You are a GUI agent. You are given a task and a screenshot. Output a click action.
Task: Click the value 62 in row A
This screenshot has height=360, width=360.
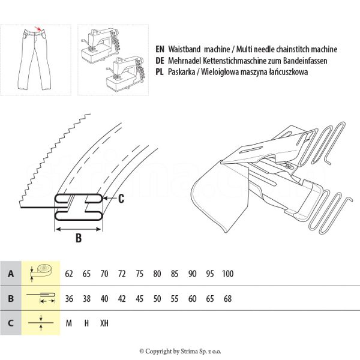pyautogui.click(x=69, y=274)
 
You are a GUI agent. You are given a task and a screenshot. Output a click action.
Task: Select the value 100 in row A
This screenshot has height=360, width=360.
pyautogui.click(x=227, y=274)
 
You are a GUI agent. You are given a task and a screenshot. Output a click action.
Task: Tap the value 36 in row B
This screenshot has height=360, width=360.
pyautogui.click(x=69, y=298)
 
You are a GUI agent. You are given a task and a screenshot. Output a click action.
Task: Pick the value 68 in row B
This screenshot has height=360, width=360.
pyautogui.click(x=227, y=298)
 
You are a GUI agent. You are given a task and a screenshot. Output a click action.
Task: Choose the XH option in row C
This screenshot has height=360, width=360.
pyautogui.click(x=104, y=323)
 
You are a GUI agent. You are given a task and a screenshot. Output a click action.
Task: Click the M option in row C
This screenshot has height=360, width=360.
pyautogui.click(x=69, y=323)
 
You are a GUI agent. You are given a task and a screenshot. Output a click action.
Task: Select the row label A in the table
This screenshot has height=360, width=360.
pyautogui.click(x=10, y=274)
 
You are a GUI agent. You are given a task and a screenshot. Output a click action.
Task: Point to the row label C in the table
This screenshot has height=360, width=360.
pyautogui.click(x=10, y=323)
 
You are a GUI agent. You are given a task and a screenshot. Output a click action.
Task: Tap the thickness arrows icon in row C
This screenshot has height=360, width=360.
pyautogui.click(x=40, y=323)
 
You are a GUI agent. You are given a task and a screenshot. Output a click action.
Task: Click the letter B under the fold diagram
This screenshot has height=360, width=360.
pyautogui.click(x=78, y=238)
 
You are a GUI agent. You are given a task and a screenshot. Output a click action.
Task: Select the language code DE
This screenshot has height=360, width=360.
pyautogui.click(x=160, y=61)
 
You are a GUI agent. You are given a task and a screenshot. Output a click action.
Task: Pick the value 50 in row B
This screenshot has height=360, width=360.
pyautogui.click(x=157, y=298)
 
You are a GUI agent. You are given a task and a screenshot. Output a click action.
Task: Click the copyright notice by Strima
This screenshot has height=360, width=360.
pyautogui.click(x=179, y=351)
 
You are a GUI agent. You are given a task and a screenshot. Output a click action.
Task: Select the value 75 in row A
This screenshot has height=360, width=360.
pyautogui.click(x=140, y=274)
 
